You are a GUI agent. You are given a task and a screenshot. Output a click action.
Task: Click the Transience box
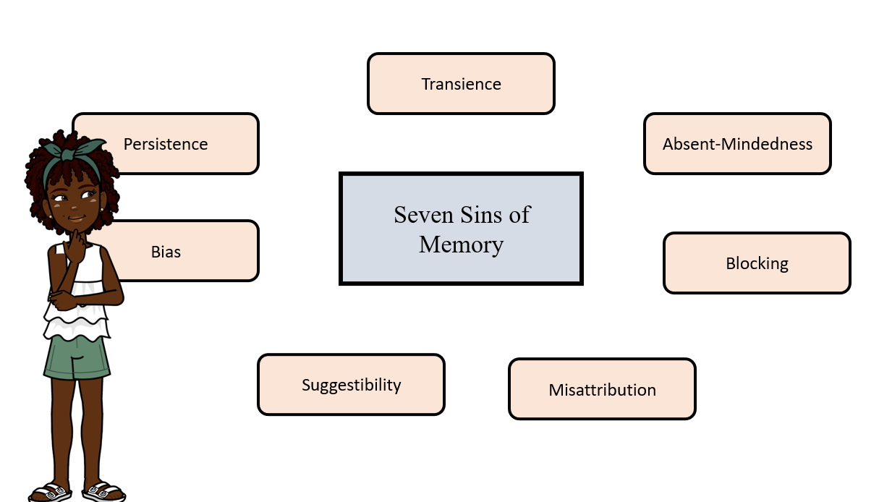(461, 84)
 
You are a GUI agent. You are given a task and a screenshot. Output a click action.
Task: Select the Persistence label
(166, 144)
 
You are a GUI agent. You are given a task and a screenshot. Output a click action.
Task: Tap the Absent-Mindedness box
(737, 144)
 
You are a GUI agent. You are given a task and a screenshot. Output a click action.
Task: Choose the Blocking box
(757, 263)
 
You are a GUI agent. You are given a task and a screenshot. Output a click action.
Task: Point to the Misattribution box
(602, 390)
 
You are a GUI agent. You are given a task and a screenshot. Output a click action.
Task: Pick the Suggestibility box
(351, 385)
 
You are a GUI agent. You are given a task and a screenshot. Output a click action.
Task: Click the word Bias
(166, 252)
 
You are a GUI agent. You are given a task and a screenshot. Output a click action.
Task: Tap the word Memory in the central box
(461, 244)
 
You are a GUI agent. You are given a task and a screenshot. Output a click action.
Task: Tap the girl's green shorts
(76, 357)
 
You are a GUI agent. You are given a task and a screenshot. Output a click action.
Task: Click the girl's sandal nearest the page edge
(49, 492)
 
